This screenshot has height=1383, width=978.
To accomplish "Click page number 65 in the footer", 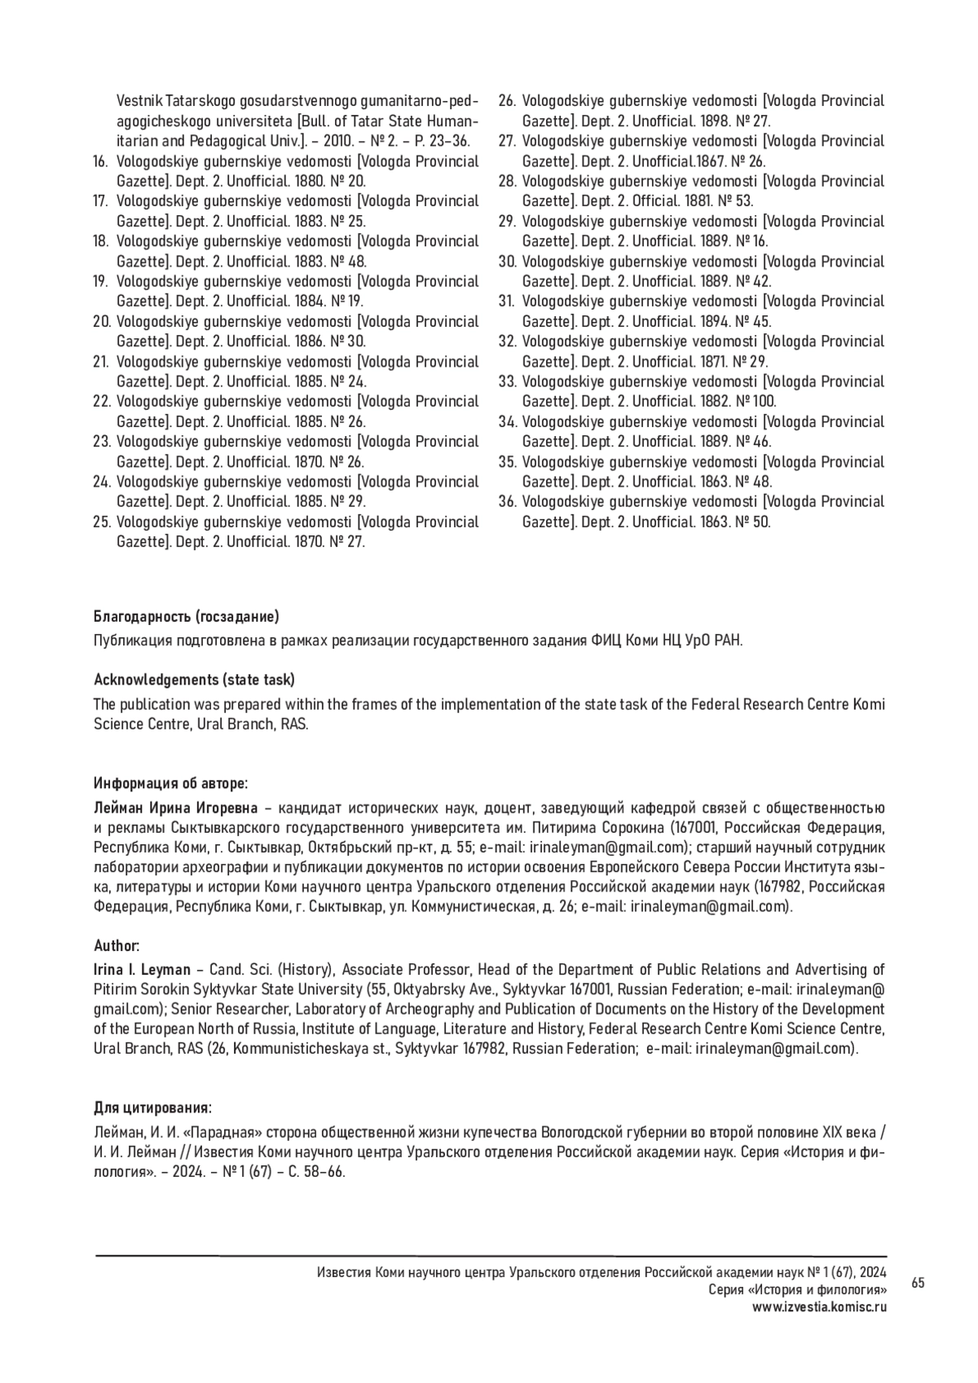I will [918, 1284].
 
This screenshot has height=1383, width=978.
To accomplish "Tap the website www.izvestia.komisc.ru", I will [819, 1306].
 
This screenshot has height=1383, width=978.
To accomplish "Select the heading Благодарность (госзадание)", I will [187, 615].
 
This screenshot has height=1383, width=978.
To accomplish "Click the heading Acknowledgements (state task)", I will [195, 680].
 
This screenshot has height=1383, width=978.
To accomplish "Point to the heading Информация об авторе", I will [171, 783].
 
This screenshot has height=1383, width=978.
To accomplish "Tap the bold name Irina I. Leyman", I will [143, 970].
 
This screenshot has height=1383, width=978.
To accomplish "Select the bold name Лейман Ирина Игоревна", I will [175, 808].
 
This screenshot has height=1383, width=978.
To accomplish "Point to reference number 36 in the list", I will [507, 502].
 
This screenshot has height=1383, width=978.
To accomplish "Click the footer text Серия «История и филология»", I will [798, 1290].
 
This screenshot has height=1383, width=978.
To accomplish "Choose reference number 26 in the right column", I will [507, 101].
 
